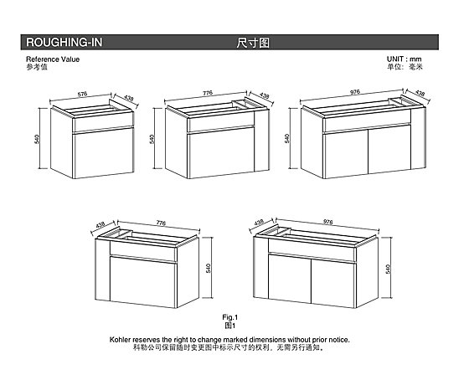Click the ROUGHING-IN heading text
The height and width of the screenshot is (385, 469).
coord(64,43)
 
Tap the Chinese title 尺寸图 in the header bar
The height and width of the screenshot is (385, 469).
coord(253,43)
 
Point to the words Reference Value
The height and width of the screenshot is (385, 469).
coord(53,59)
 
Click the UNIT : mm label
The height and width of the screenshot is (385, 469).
coord(404,59)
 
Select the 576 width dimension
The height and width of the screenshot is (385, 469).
coord(82,94)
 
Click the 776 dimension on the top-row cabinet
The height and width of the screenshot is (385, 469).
coord(208,93)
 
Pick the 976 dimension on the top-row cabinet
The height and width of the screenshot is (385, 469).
coord(355,92)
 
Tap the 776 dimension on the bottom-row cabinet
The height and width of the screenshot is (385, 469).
coord(161,223)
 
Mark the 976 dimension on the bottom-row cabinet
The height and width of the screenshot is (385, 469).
coord(328,222)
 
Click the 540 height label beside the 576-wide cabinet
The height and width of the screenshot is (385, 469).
coord(37,139)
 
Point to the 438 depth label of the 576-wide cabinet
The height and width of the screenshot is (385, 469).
coord(129,98)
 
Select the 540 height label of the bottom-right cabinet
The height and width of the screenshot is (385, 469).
coord(388,269)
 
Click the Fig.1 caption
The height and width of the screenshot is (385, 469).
coord(229,317)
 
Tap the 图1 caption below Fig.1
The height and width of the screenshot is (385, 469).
coord(229,326)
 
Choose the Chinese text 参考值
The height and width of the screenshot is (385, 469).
coord(37,67)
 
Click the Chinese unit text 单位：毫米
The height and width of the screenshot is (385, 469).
coord(405,67)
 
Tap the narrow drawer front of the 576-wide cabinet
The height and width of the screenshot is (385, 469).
coord(103,122)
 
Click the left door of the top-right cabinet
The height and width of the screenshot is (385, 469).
coord(345,154)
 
